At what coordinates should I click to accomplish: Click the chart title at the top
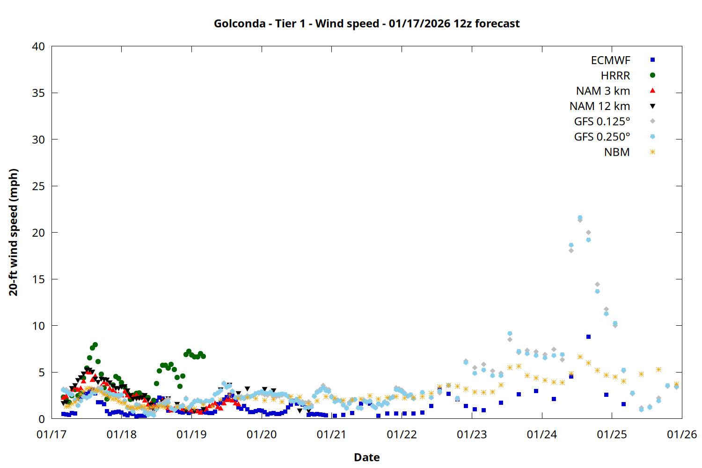point(366,23)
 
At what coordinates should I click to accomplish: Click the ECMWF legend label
point(610,60)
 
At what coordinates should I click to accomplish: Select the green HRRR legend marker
point(652,75)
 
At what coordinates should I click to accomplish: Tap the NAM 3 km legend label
point(603,91)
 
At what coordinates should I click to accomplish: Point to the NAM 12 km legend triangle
point(652,106)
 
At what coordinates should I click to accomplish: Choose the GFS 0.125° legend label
point(602,122)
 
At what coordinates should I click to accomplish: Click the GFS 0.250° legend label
point(602,137)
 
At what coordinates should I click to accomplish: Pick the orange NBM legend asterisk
point(652,152)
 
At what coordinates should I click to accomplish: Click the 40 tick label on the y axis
point(38,46)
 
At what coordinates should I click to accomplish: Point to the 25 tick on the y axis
point(38,186)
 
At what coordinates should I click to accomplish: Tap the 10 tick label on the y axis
point(38,326)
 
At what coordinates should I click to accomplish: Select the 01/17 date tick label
point(51,434)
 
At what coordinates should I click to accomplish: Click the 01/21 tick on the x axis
point(331,434)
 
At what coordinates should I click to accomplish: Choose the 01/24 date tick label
point(541,434)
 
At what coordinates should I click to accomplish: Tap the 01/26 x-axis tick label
point(681,434)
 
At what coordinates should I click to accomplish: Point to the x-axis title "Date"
point(366,457)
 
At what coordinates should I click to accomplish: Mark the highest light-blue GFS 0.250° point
point(580,218)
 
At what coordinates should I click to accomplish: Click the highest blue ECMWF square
point(588,337)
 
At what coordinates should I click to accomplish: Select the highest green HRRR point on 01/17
point(95,345)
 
